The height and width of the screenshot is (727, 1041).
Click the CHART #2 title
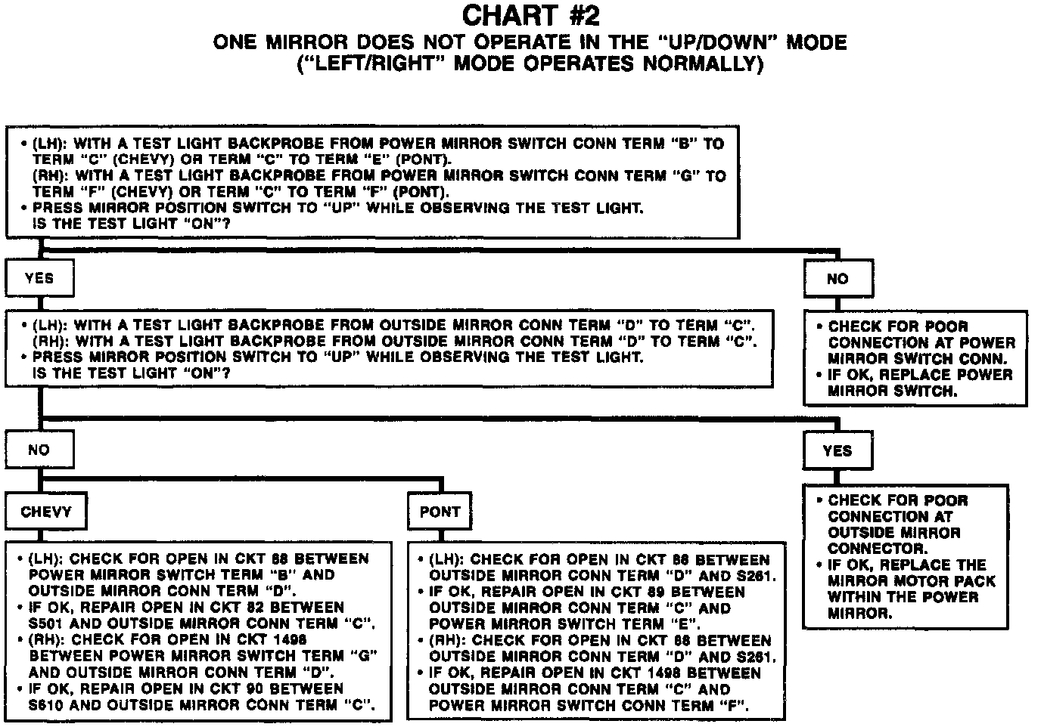[x=530, y=16]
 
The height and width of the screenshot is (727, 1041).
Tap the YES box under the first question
[x=39, y=278]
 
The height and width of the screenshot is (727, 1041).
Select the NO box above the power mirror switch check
[x=837, y=279]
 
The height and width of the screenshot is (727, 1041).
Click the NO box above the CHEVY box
[x=39, y=450]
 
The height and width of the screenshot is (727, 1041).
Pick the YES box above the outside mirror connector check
[x=837, y=451]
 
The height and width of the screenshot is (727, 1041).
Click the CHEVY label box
[x=46, y=512]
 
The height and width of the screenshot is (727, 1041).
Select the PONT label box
[x=440, y=512]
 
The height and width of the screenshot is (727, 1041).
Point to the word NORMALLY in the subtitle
[x=703, y=63]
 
